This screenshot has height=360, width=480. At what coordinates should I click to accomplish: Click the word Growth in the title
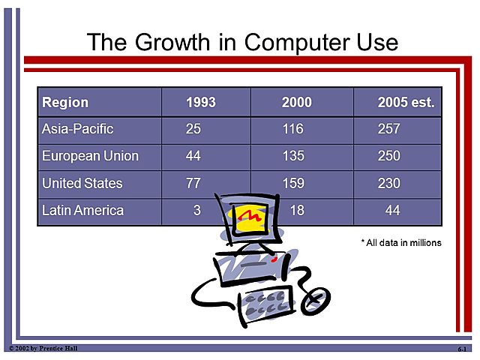171,41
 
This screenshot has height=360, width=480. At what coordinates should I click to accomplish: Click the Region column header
65,102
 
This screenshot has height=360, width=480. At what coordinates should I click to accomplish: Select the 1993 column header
200,102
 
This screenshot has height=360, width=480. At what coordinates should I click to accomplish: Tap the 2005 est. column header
406,102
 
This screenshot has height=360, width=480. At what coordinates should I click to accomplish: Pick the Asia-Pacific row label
77,129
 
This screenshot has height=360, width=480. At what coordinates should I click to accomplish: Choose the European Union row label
90,156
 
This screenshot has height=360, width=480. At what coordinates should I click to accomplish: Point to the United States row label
82,183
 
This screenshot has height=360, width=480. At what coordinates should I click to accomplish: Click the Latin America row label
82,211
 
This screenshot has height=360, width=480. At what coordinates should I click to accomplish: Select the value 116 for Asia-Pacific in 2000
292,129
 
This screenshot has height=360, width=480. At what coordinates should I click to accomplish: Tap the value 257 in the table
388,129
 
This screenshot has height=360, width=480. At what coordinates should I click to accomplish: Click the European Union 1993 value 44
193,156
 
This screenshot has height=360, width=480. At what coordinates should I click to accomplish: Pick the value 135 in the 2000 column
292,156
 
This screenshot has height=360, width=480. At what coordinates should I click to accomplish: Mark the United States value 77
193,183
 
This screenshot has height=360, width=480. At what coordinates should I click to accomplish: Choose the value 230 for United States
388,183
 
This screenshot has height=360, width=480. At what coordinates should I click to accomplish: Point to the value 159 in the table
292,183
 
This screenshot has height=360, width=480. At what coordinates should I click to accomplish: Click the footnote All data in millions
401,242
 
